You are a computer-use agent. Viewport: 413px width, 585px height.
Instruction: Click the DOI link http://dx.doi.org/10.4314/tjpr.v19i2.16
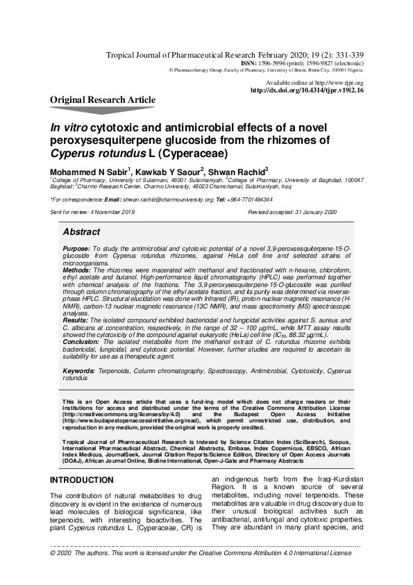point(306,90)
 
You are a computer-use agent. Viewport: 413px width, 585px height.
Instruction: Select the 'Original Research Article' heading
point(103,100)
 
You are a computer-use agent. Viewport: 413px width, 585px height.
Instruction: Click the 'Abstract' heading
point(81,232)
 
